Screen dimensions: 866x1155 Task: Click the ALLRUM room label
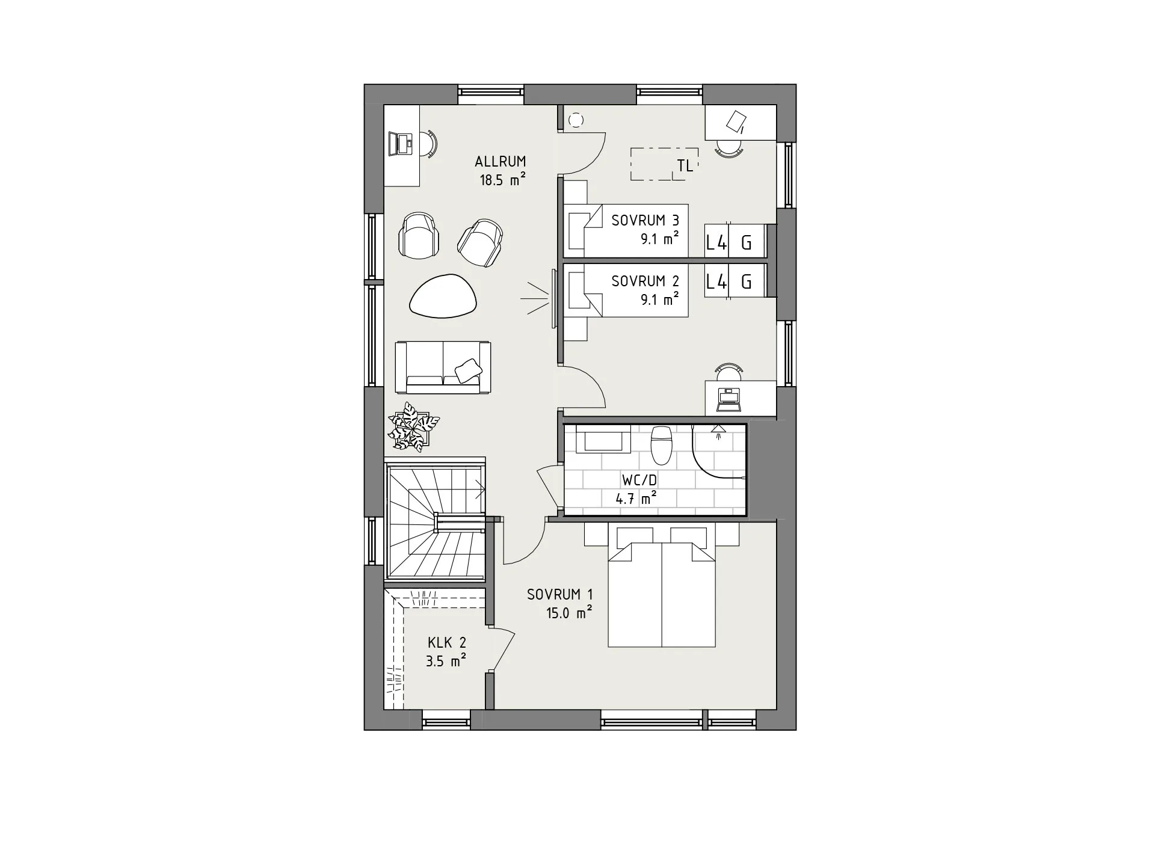(500, 161)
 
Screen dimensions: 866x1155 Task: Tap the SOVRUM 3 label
(645, 220)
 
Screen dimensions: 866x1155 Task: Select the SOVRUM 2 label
(645, 281)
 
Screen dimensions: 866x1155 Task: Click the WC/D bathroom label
(639, 481)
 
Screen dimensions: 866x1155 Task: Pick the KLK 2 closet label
(446, 643)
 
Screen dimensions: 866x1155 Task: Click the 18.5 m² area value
(502, 180)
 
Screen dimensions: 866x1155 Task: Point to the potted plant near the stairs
(414, 426)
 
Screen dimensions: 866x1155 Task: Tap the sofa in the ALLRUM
(443, 367)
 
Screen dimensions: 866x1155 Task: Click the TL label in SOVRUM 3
(685, 166)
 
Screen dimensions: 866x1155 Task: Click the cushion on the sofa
(467, 370)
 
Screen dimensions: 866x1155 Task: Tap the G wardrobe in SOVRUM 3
(747, 242)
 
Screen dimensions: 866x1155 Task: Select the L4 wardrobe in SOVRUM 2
(716, 281)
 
